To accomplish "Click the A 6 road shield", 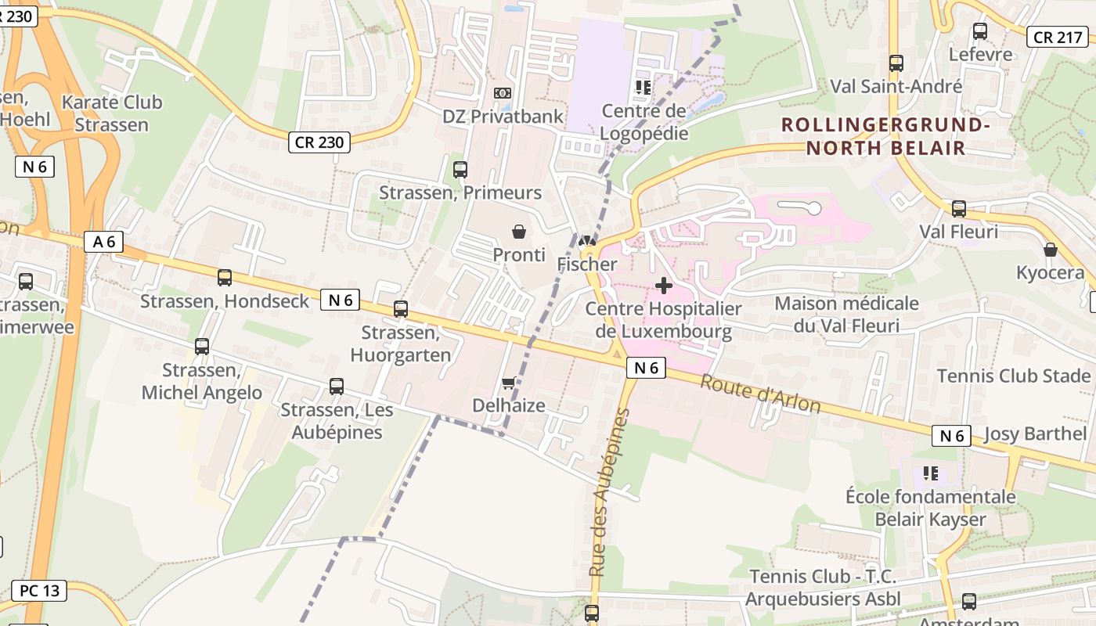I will tap(104, 242).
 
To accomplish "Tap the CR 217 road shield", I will tap(1058, 37).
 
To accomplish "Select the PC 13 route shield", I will tap(39, 591).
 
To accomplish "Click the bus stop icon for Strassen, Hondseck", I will tap(225, 278).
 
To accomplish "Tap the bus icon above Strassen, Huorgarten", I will tap(401, 308).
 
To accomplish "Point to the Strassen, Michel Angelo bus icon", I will tap(202, 347).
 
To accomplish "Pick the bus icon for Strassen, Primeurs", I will tap(460, 169).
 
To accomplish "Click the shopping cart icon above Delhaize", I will tap(508, 383).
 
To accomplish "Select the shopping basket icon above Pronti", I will tap(518, 232).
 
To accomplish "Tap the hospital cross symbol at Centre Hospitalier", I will tap(664, 286).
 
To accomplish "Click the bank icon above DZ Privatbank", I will tap(503, 93).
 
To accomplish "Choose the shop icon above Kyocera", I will tap(1051, 250).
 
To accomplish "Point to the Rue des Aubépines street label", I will tap(609, 493).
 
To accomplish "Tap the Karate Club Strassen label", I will tap(112, 113).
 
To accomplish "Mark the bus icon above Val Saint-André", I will tap(896, 63).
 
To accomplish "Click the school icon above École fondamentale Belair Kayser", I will tap(931, 473).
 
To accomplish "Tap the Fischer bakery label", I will tap(587, 264).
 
